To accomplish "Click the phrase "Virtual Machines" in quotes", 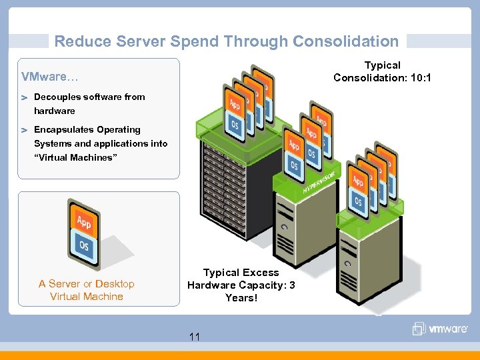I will (75, 158).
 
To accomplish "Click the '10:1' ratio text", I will (420, 78).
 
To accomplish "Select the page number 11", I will (194, 337).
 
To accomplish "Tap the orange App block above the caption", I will (84, 221).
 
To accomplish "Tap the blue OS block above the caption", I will (84, 245).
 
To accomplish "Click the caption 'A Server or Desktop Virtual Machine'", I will (87, 290).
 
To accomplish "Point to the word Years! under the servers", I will (241, 298).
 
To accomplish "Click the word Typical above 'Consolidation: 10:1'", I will (382, 65).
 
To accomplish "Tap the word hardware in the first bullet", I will (55, 111).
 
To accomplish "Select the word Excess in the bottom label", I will (261, 273).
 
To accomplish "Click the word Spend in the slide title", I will (195, 41).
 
